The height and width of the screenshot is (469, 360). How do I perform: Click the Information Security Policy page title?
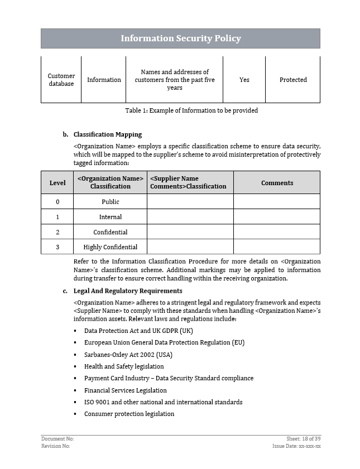180,38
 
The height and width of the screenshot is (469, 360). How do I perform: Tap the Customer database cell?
61,80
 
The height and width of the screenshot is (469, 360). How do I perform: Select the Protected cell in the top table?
293,80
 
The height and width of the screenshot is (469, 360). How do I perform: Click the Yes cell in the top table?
244,80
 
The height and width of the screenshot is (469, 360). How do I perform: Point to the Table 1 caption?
191,110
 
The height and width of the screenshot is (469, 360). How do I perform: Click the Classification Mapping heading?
107,134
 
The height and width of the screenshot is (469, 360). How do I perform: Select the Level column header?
57,183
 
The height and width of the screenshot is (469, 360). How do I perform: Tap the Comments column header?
277,183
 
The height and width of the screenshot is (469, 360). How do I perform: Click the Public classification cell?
110,202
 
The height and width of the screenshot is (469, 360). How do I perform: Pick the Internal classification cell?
110,217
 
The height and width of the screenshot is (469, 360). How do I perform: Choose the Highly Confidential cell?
110,247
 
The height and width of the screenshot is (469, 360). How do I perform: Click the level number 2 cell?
57,232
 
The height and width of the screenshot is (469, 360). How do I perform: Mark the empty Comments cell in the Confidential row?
277,232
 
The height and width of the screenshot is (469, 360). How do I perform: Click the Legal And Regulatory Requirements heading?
127,291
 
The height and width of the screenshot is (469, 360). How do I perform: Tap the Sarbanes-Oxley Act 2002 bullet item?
128,355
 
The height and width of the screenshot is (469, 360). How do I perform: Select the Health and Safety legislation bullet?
124,366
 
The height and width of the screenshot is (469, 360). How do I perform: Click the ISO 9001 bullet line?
163,402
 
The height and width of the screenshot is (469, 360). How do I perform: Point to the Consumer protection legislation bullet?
129,414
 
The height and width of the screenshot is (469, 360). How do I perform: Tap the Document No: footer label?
57,439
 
